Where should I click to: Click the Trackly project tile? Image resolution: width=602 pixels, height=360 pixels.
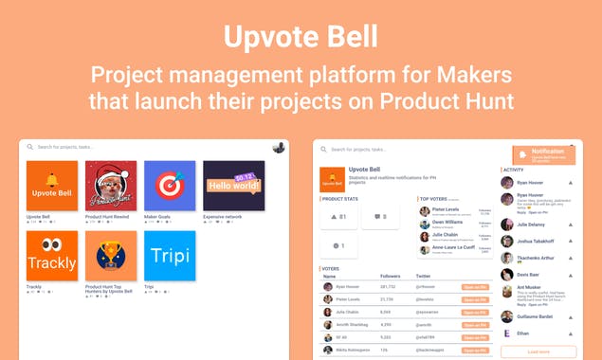pyautogui.click(x=52, y=256)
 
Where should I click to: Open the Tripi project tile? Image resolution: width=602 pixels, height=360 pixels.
pyautogui.click(x=170, y=256)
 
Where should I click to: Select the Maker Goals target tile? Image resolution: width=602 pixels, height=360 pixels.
pyautogui.click(x=170, y=186)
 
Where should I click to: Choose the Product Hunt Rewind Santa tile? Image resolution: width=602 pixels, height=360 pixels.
pyautogui.click(x=111, y=186)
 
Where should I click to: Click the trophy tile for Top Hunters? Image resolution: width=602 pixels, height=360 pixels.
pyautogui.click(x=111, y=256)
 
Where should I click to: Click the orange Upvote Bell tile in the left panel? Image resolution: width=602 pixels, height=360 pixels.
pyautogui.click(x=52, y=186)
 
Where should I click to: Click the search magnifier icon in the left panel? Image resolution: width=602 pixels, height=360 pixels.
pyautogui.click(x=30, y=147)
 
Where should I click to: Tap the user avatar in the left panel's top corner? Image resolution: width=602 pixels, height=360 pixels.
pyautogui.click(x=279, y=147)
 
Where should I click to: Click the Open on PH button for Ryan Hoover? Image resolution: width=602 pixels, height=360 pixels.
pyautogui.click(x=474, y=286)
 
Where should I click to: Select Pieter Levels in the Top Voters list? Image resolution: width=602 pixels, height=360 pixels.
pyautogui.click(x=447, y=209)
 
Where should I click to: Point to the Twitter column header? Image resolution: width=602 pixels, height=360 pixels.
pyautogui.click(x=423, y=277)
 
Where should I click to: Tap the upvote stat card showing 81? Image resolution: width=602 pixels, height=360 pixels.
pyautogui.click(x=338, y=217)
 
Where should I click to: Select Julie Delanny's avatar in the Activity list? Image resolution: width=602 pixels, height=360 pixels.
pyautogui.click(x=507, y=225)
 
